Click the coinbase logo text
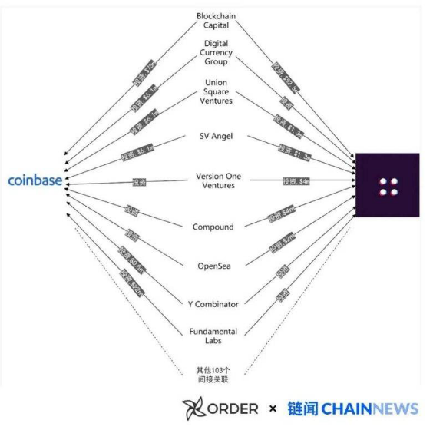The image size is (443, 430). pyautogui.click(x=35, y=181)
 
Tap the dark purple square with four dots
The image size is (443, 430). pyautogui.click(x=387, y=185)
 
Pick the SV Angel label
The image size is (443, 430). pyautogui.click(x=216, y=136)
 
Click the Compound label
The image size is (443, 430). pyautogui.click(x=213, y=227)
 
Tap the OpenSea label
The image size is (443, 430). pyautogui.click(x=215, y=266)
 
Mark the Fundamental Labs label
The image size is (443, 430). pyautogui.click(x=213, y=336)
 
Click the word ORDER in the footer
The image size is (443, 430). pyautogui.click(x=233, y=408)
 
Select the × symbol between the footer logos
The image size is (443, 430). pyautogui.click(x=273, y=408)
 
